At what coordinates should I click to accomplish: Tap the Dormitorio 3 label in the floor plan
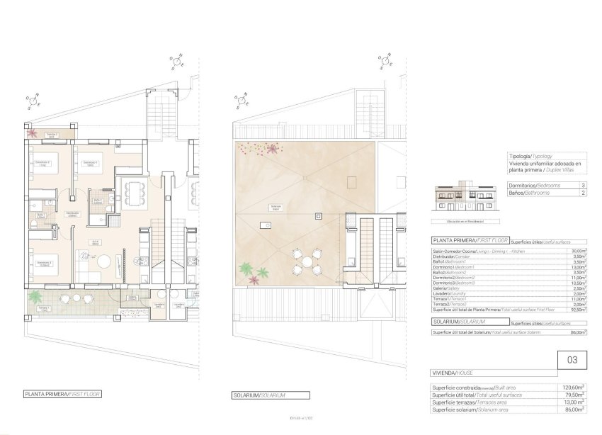(x=44, y=264)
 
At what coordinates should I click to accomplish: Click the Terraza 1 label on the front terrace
(x=43, y=308)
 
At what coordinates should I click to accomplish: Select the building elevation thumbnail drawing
(x=460, y=196)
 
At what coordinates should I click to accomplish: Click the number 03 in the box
(x=572, y=361)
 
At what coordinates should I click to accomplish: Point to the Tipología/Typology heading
(x=530, y=155)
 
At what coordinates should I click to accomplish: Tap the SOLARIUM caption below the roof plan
(x=259, y=395)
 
